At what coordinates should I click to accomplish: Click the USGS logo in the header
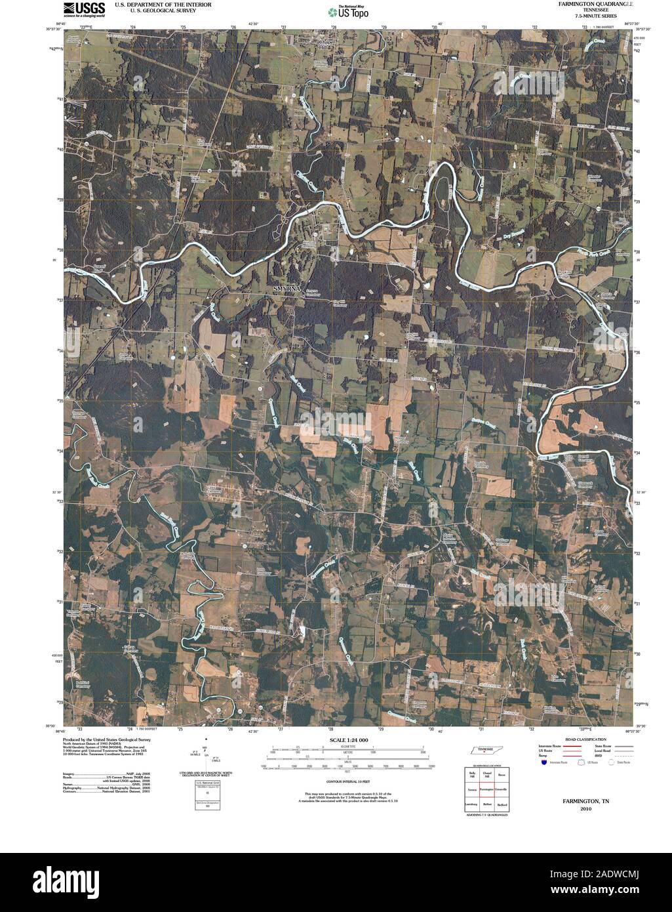[x=84, y=9]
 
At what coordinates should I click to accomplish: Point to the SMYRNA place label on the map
[x=287, y=289]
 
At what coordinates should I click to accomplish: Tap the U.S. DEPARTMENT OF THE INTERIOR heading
[x=163, y=4]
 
